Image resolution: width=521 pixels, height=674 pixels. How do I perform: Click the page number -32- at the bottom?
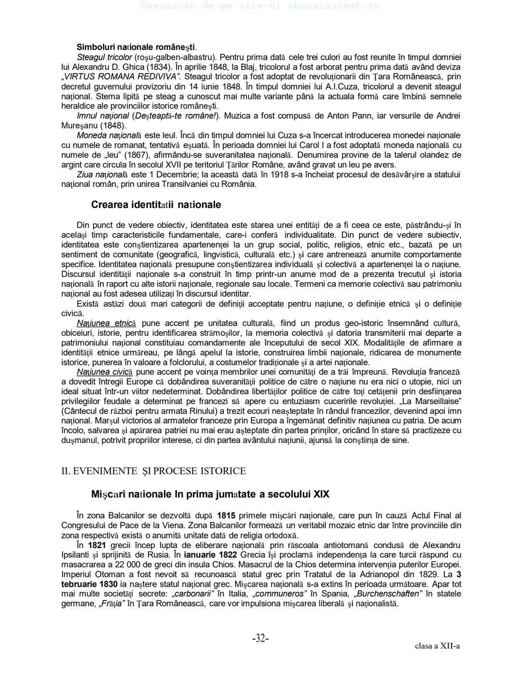260,638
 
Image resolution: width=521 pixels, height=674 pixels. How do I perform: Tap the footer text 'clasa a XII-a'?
437,646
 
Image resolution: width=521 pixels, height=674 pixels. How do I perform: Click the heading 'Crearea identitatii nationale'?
156,205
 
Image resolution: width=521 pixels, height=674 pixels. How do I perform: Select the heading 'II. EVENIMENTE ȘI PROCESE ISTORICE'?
153,471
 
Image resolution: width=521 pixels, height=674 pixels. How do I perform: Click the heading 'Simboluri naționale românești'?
136,47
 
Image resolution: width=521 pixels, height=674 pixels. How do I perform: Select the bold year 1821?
97,545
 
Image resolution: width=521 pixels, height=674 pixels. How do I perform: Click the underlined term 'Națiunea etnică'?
106,323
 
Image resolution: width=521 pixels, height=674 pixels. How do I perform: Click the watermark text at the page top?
260,6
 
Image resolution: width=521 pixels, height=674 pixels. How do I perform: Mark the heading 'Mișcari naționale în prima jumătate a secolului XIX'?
210,495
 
